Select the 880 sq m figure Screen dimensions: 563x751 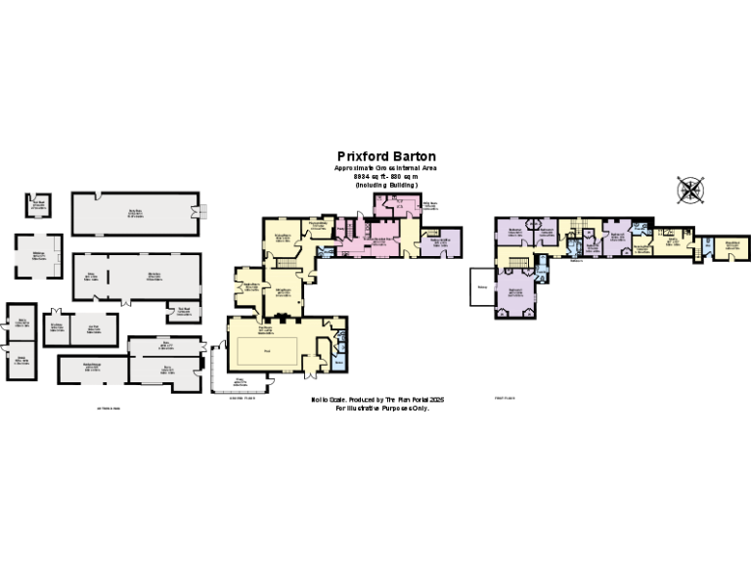coord(404,176)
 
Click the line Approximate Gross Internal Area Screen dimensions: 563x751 coord(385,167)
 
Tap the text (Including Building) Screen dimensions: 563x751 coord(385,185)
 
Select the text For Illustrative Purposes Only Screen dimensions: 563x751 coord(382,409)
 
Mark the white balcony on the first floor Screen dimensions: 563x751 coord(481,286)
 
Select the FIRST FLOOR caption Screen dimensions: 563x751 coord(503,399)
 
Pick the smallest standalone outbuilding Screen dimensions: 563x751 coord(37,205)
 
